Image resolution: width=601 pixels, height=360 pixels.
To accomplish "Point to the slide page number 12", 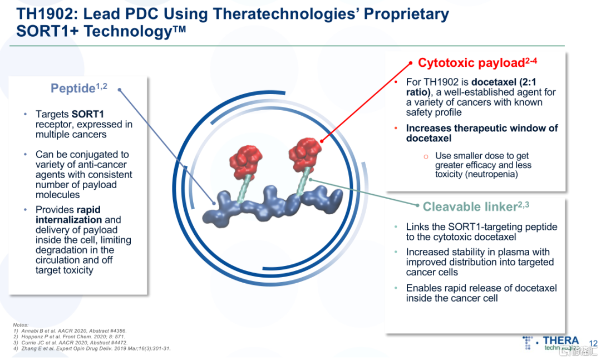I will pyautogui.click(x=593, y=343).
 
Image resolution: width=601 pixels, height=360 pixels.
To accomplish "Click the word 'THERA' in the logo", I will pyautogui.click(x=560, y=340).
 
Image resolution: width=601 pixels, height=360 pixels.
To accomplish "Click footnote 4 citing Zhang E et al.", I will pyautogui.click(x=92, y=348).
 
